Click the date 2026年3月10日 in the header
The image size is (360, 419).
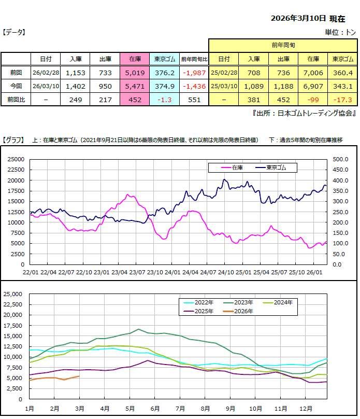[x=298, y=18]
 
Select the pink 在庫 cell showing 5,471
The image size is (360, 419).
[x=135, y=86]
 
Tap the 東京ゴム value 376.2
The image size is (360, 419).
[x=165, y=73]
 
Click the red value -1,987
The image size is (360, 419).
[x=195, y=73]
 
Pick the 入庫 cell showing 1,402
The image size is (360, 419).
[x=75, y=86]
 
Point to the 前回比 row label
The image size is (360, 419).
[x=16, y=99]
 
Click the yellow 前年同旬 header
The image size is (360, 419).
[x=283, y=46]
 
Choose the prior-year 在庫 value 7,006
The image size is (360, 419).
[x=313, y=73]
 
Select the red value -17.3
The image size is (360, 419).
[x=342, y=99]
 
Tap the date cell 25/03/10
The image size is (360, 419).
[x=224, y=86]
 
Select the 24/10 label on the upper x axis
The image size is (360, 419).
[x=225, y=272]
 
